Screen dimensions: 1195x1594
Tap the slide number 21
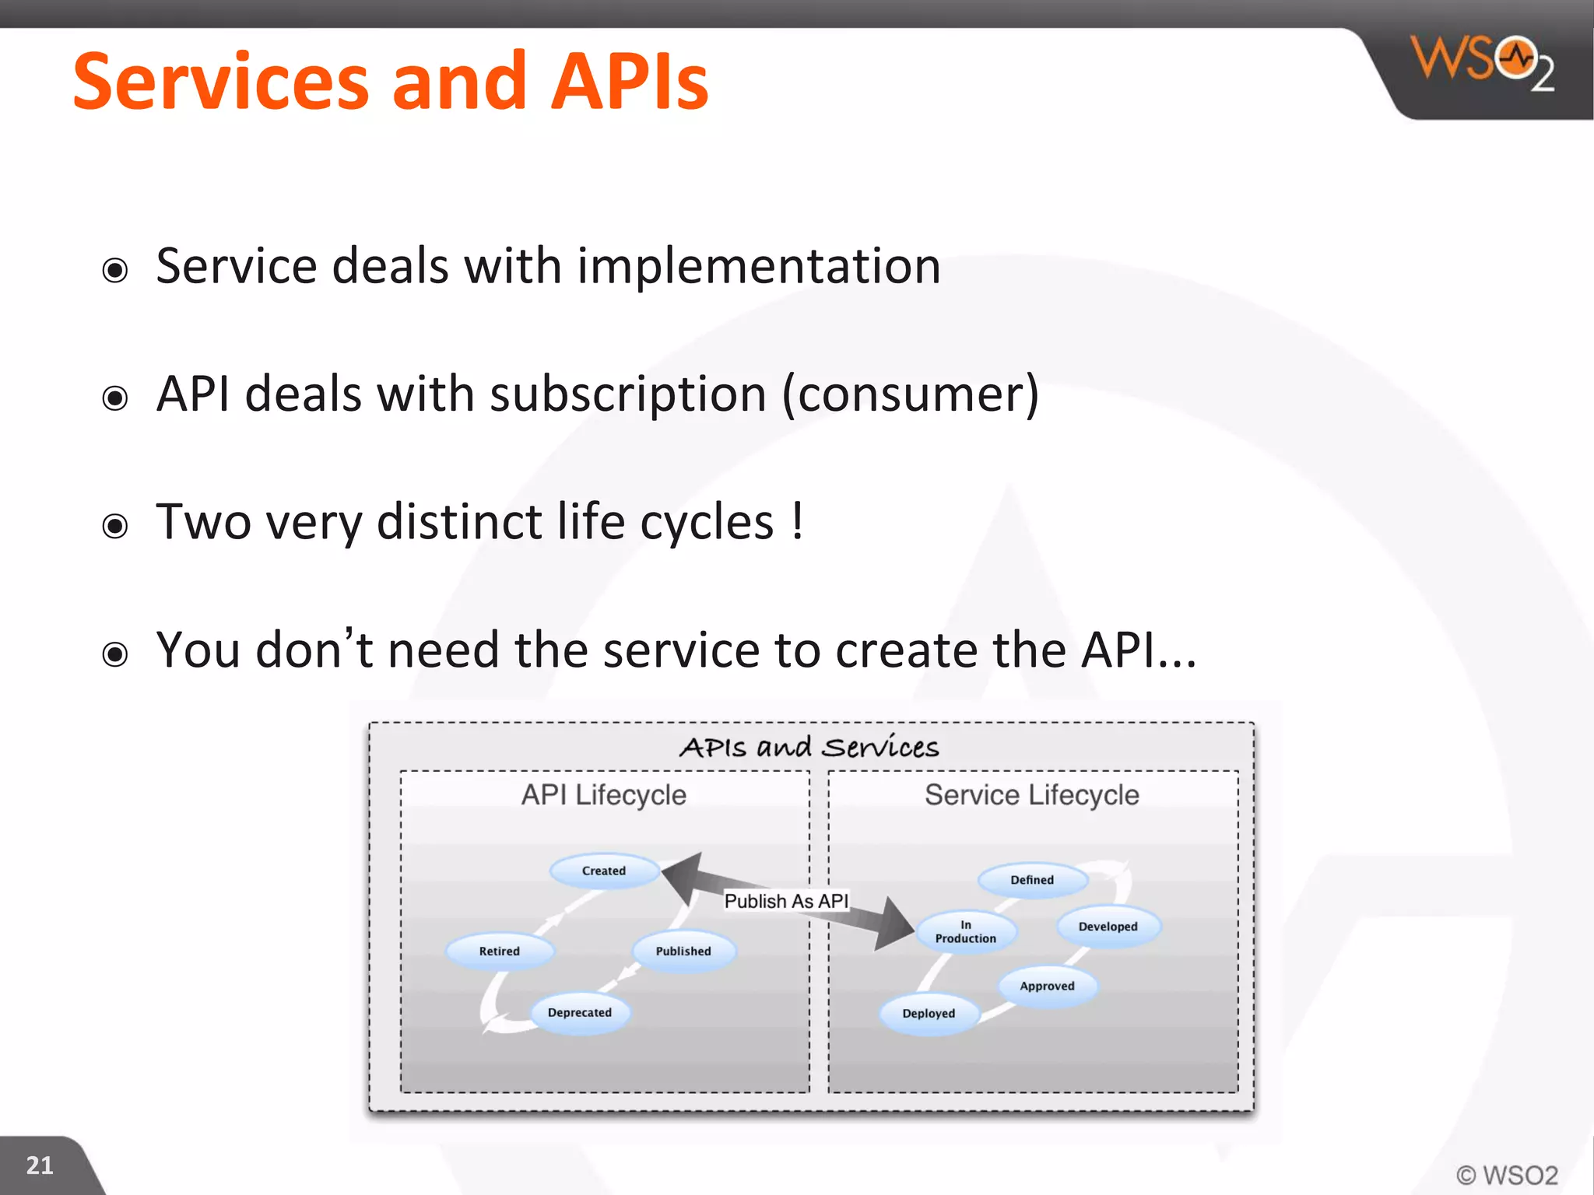[x=40, y=1165]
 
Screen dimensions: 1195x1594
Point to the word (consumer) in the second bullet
[x=910, y=394]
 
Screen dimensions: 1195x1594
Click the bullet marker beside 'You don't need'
[x=115, y=654]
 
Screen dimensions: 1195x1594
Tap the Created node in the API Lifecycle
[x=604, y=871]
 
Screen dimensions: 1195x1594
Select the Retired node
[x=499, y=951]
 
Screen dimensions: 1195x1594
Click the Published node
[x=683, y=951]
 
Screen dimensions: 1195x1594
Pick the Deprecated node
[x=580, y=1012]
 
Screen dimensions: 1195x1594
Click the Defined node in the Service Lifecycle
[x=1031, y=880]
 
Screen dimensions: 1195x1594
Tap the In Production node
[x=965, y=931]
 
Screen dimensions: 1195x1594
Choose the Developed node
[x=1108, y=927]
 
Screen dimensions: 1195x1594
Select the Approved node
[x=1047, y=986]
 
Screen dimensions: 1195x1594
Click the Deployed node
[x=929, y=1013]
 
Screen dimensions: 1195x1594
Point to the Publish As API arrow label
[x=786, y=901]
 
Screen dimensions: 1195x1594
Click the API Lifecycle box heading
[x=604, y=795]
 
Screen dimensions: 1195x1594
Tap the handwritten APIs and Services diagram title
[x=809, y=747]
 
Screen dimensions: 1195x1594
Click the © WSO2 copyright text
[x=1507, y=1175]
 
